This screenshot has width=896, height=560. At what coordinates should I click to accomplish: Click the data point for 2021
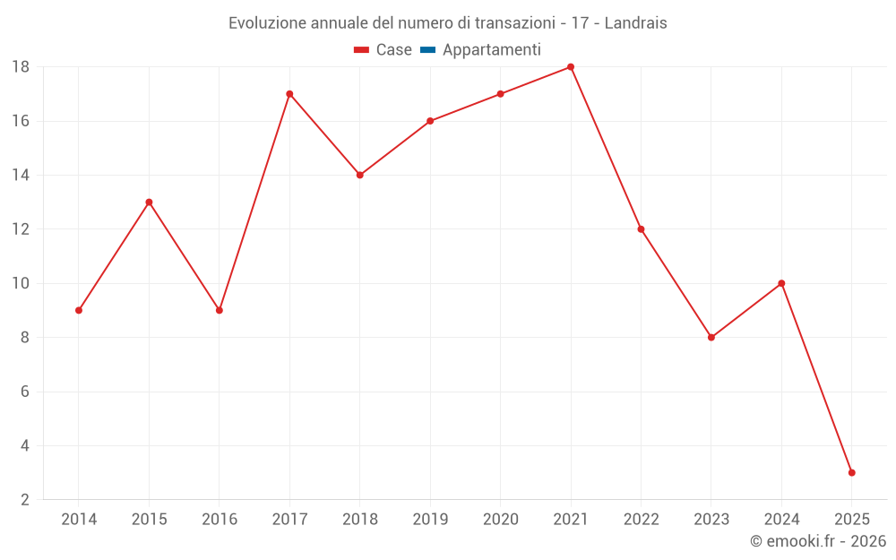(x=571, y=67)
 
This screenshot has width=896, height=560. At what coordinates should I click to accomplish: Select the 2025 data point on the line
(x=852, y=472)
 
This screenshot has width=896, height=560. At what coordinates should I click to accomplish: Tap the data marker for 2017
(x=289, y=94)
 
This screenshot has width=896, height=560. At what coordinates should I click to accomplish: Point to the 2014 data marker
(x=79, y=310)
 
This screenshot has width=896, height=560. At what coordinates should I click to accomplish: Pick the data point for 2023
(x=711, y=338)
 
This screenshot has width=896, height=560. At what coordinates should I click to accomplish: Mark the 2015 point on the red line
(x=149, y=202)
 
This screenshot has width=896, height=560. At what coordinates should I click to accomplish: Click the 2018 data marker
(x=359, y=175)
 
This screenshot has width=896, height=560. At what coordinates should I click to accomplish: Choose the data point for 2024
(x=781, y=283)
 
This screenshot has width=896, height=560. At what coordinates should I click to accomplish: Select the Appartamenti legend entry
(x=491, y=50)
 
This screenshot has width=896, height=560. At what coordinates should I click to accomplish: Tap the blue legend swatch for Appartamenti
(x=427, y=50)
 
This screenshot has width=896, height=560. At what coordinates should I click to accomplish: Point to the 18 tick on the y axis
(x=21, y=67)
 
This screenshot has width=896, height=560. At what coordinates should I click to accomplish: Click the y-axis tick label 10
(x=21, y=283)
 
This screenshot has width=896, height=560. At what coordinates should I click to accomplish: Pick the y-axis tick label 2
(x=24, y=500)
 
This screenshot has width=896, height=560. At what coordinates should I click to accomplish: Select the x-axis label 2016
(x=220, y=520)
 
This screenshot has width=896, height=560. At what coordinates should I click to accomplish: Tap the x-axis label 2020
(x=500, y=520)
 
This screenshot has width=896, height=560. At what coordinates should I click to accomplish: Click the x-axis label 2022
(x=641, y=520)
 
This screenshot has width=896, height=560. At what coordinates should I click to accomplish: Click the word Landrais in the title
(x=635, y=23)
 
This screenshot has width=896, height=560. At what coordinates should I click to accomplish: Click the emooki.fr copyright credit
(x=818, y=541)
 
